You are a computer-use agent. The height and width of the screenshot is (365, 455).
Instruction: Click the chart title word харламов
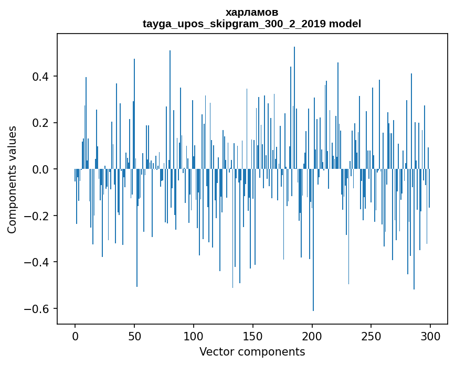[251, 12]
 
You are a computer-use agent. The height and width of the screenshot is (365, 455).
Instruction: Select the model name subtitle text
[251, 24]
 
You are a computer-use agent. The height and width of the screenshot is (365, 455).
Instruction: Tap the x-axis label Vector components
[252, 351]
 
